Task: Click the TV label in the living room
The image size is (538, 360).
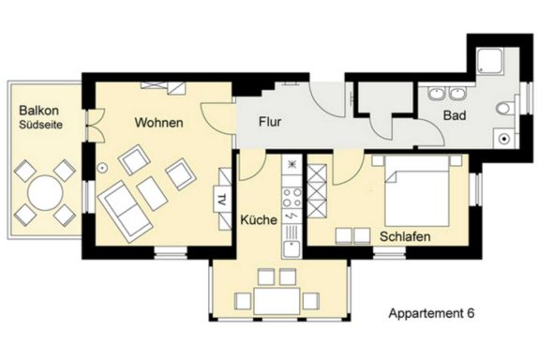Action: tap(222, 199)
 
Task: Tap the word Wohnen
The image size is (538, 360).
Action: tap(158, 123)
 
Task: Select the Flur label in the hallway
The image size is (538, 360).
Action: tap(270, 122)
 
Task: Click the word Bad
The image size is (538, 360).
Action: tap(455, 115)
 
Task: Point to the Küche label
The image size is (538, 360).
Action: tap(259, 219)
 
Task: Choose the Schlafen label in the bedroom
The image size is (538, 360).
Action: tap(405, 236)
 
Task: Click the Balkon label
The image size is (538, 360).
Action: tap(38, 111)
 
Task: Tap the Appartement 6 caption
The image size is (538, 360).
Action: tap(431, 313)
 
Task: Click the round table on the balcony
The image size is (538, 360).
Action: tap(45, 193)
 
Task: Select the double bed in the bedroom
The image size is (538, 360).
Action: tap(417, 191)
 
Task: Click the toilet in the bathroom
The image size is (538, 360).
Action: tap(505, 109)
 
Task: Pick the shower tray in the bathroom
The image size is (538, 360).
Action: tap(490, 61)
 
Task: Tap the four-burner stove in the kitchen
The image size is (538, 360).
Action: tap(291, 198)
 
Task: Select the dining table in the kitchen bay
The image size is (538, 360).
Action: tap(276, 301)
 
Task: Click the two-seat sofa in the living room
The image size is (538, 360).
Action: tap(125, 212)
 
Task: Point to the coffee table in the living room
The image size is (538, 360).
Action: tap(152, 193)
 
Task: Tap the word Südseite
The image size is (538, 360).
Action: tap(41, 125)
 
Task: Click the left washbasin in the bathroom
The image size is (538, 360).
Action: tap(437, 94)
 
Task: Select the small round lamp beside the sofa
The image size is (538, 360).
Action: tap(102, 168)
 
